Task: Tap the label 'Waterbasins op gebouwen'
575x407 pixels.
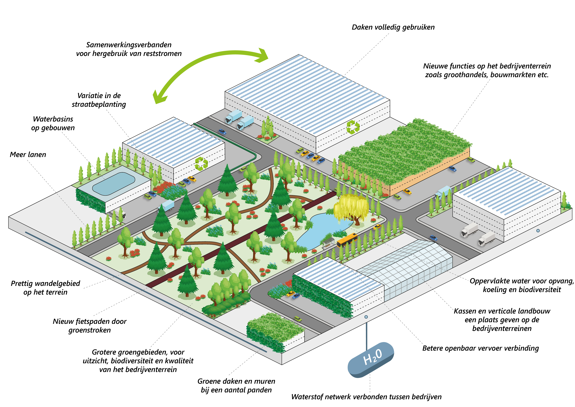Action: pos(53,123)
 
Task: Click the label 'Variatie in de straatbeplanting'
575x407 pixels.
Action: pos(99,100)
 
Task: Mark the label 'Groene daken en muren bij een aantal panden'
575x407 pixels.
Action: pos(236,385)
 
